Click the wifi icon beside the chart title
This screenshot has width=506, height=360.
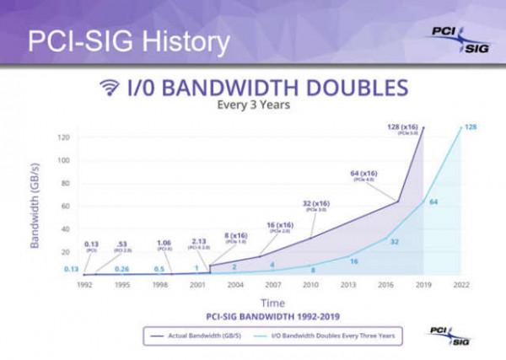[109, 88]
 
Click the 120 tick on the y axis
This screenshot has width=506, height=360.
[63, 137]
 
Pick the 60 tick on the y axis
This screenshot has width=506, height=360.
[65, 206]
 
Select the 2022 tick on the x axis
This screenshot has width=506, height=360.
[460, 286]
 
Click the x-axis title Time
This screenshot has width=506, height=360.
[272, 302]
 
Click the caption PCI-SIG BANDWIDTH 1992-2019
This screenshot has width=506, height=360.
[272, 316]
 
